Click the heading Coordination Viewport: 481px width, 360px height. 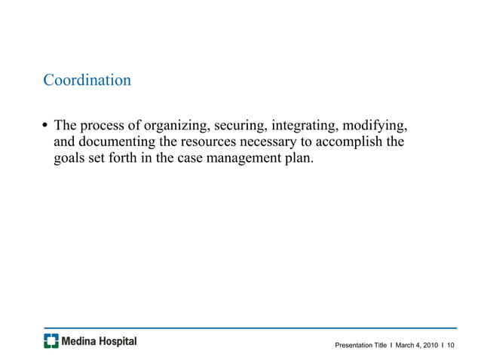[87, 80]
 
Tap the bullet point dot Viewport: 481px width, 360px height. [46, 124]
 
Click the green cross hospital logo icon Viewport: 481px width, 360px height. [51, 341]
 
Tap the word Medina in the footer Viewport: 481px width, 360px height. [81, 341]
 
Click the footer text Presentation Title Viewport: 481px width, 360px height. [361, 345]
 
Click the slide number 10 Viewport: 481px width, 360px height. [452, 345]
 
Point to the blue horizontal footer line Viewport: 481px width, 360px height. [250, 328]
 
